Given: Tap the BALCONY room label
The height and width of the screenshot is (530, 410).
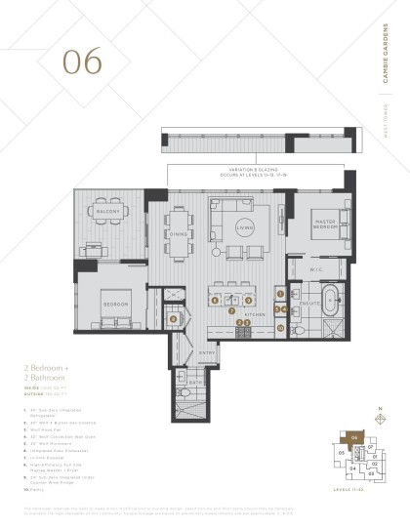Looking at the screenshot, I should click(101, 209).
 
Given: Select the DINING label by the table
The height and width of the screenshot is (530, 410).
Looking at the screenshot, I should click(179, 234).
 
